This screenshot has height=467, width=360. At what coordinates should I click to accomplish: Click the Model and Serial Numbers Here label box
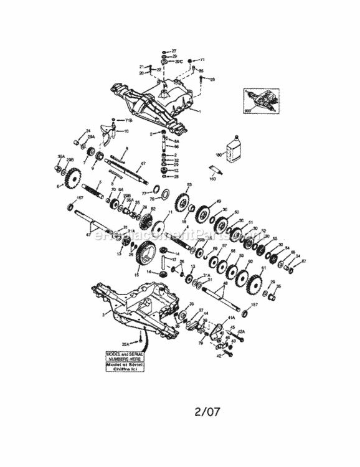click(125, 361)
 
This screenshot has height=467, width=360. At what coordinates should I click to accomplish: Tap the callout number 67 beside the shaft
click(143, 163)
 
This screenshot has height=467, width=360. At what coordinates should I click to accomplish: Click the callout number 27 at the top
click(174, 50)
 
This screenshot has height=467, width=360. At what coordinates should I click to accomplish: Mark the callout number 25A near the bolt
click(126, 344)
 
